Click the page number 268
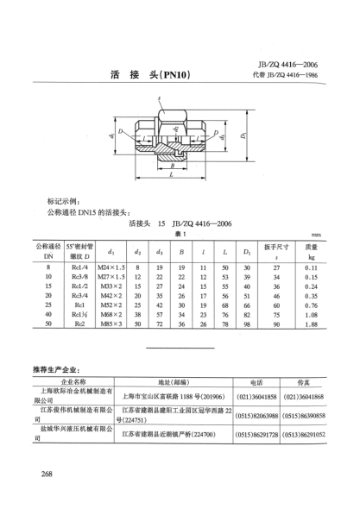41,474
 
